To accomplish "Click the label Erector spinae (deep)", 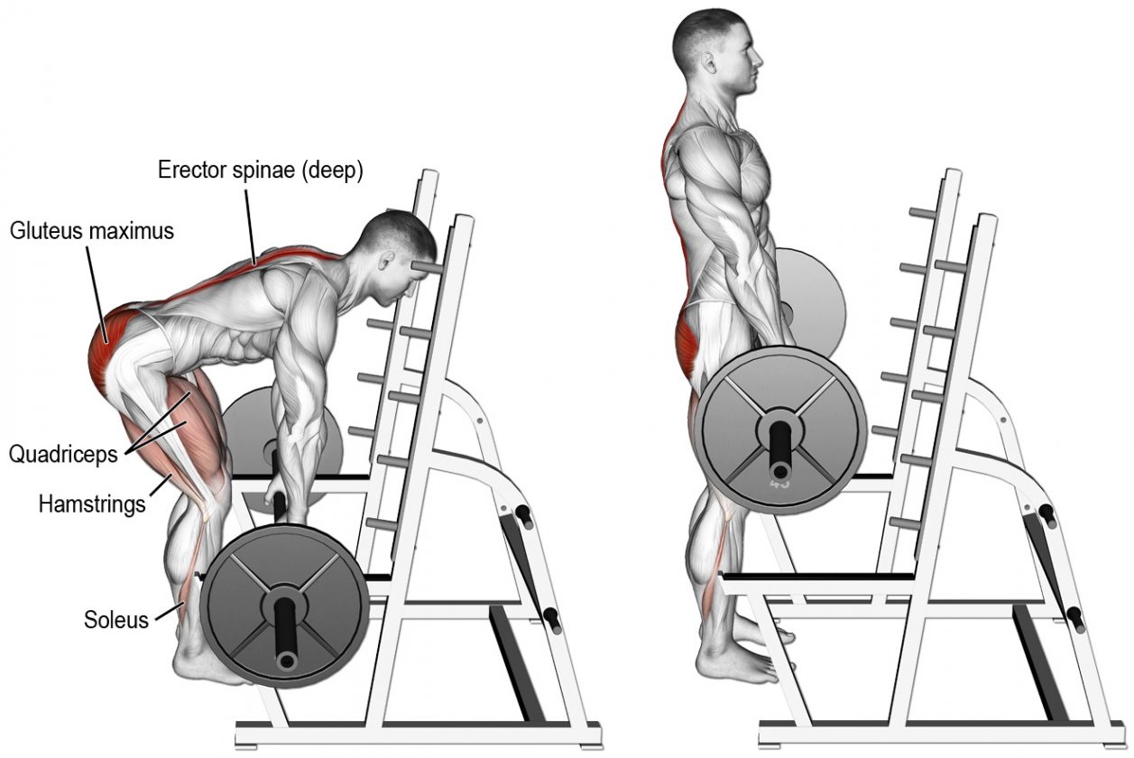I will pos(260,171).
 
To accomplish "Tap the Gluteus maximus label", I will pos(92,231).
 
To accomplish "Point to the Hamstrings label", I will pos(92,504).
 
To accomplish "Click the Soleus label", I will pos(116,620).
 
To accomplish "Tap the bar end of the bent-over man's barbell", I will pos(287,661).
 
